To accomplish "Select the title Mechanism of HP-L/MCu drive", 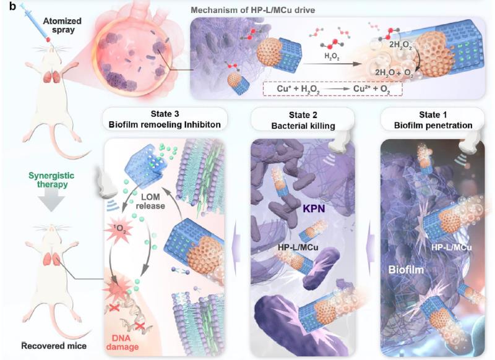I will (x=294, y=11).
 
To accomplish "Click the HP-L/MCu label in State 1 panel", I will (x=449, y=246).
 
